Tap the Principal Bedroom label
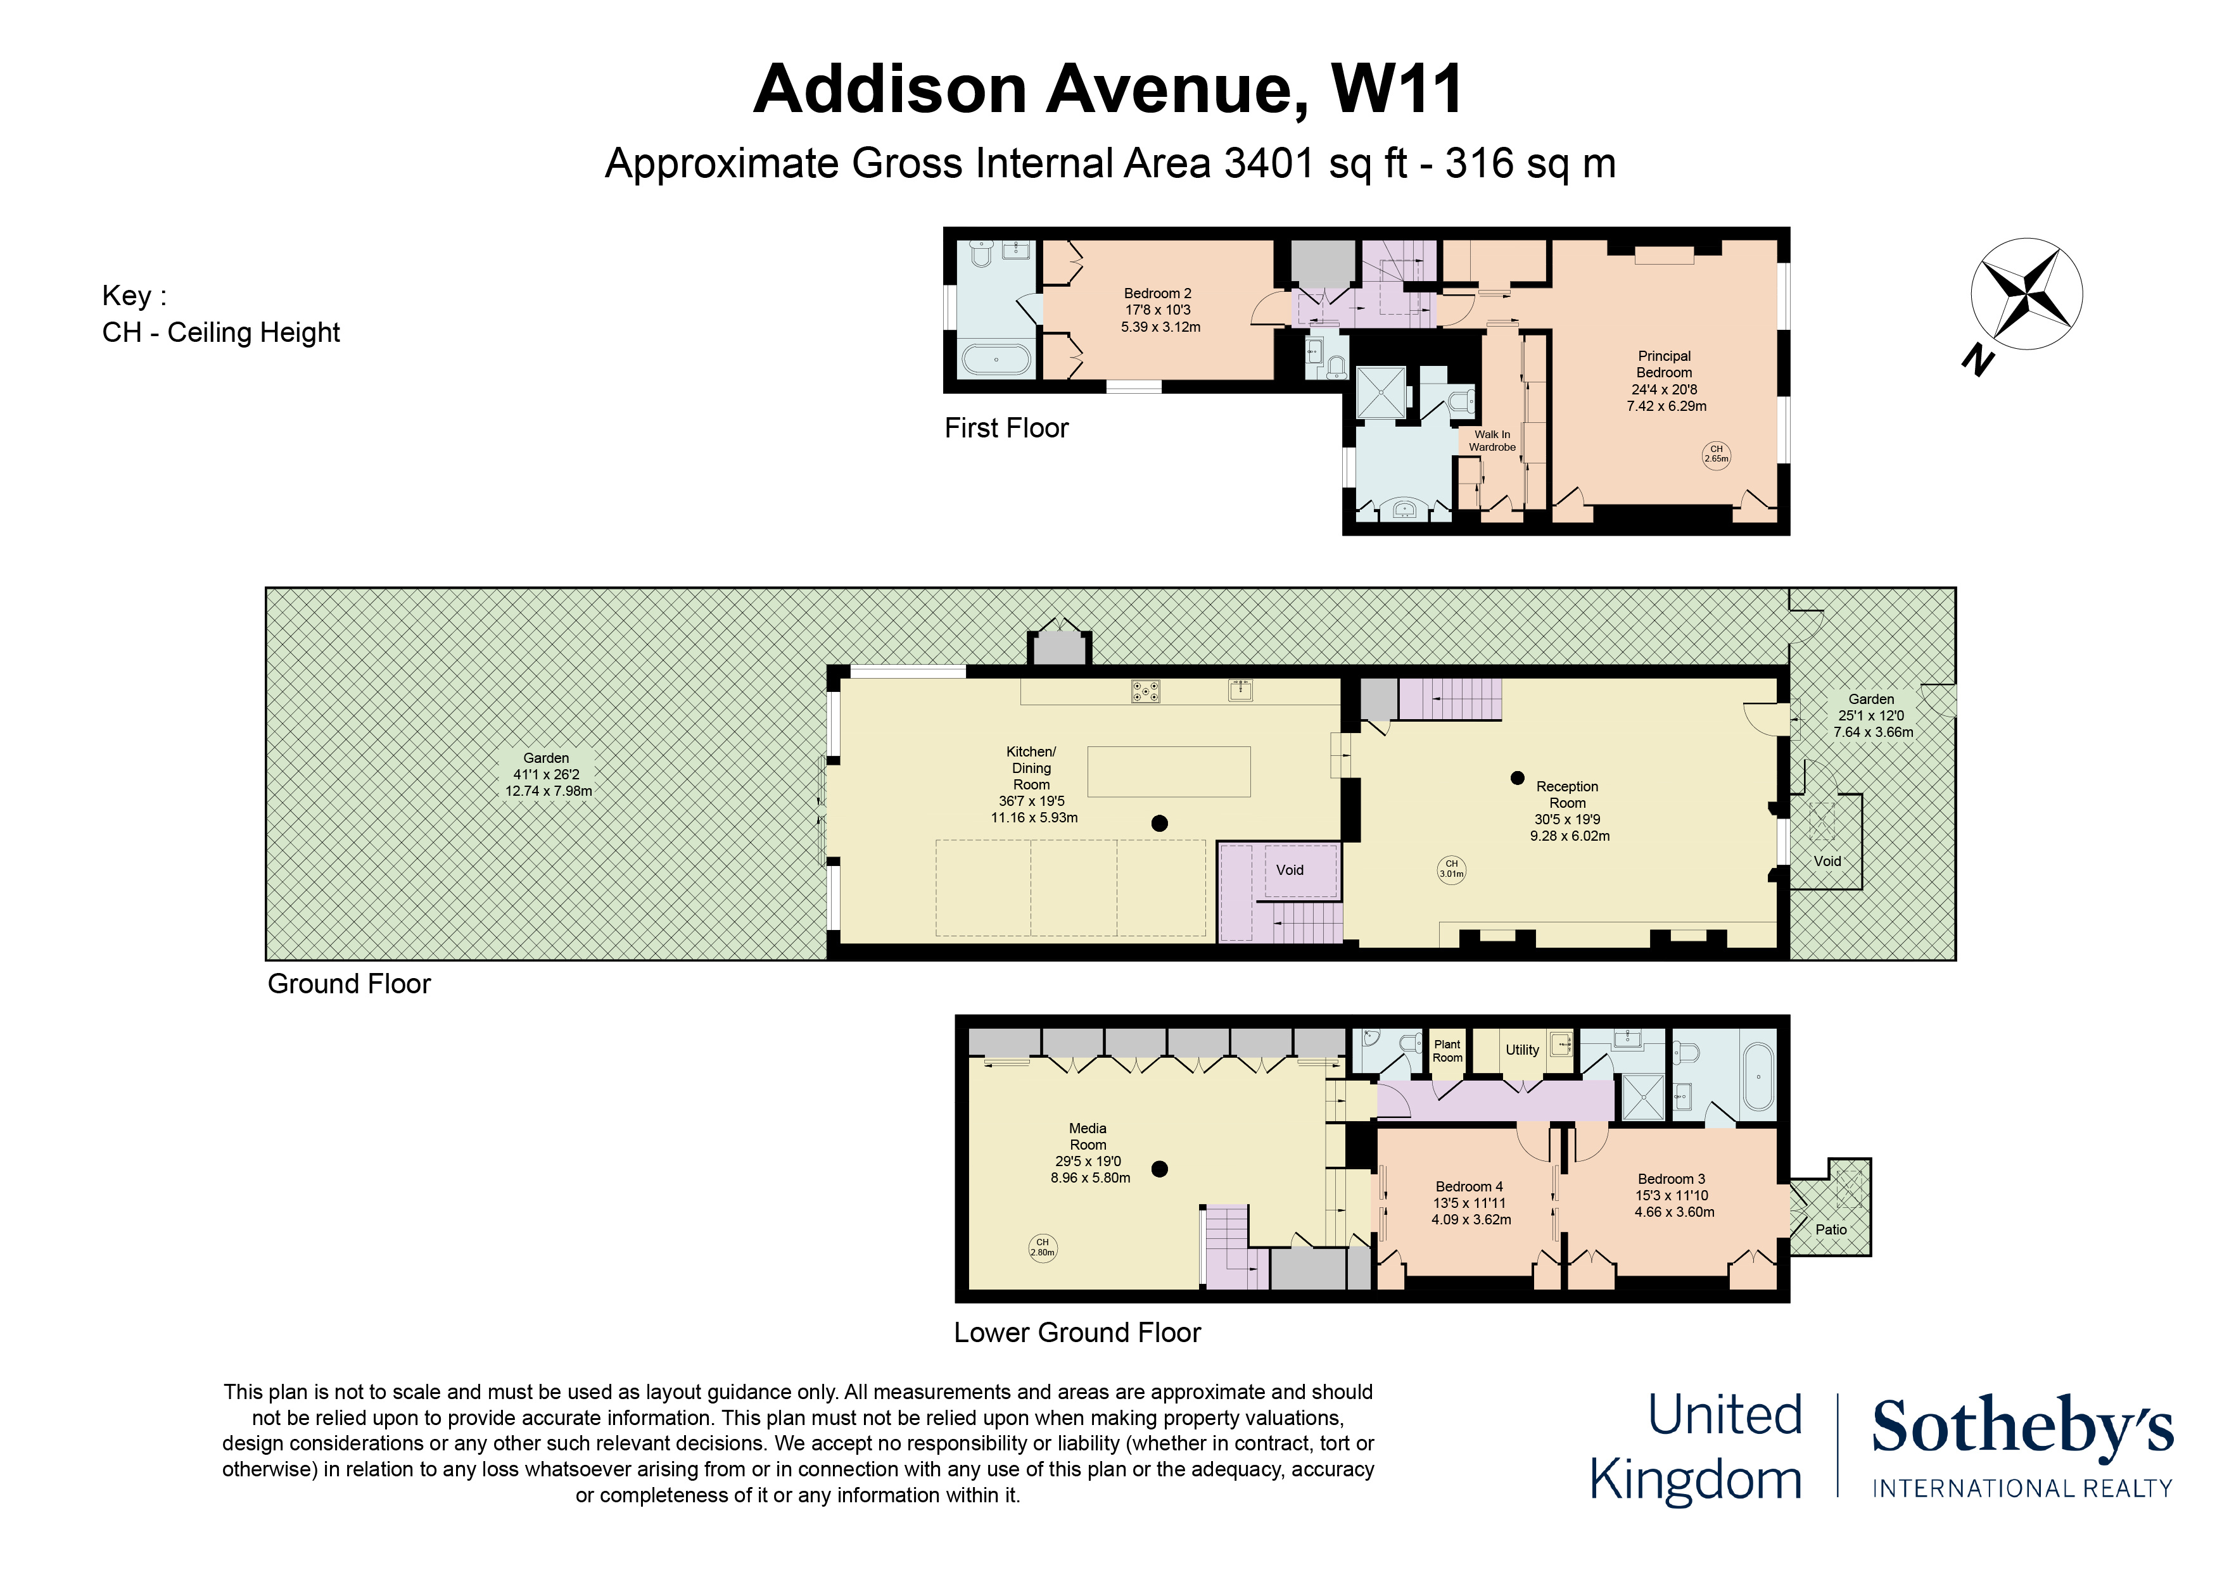[x=1665, y=364]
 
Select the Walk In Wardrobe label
[x=1492, y=441]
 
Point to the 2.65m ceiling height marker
[x=1716, y=455]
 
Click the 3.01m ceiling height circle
[x=1452, y=869]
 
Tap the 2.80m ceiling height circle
[x=1043, y=1248]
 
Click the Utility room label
[x=1522, y=1050]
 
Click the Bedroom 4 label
[x=1469, y=1187]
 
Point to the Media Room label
[x=1088, y=1136]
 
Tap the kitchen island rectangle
[x=1169, y=772]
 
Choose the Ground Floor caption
[x=350, y=984]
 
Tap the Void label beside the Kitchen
[x=1290, y=870]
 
